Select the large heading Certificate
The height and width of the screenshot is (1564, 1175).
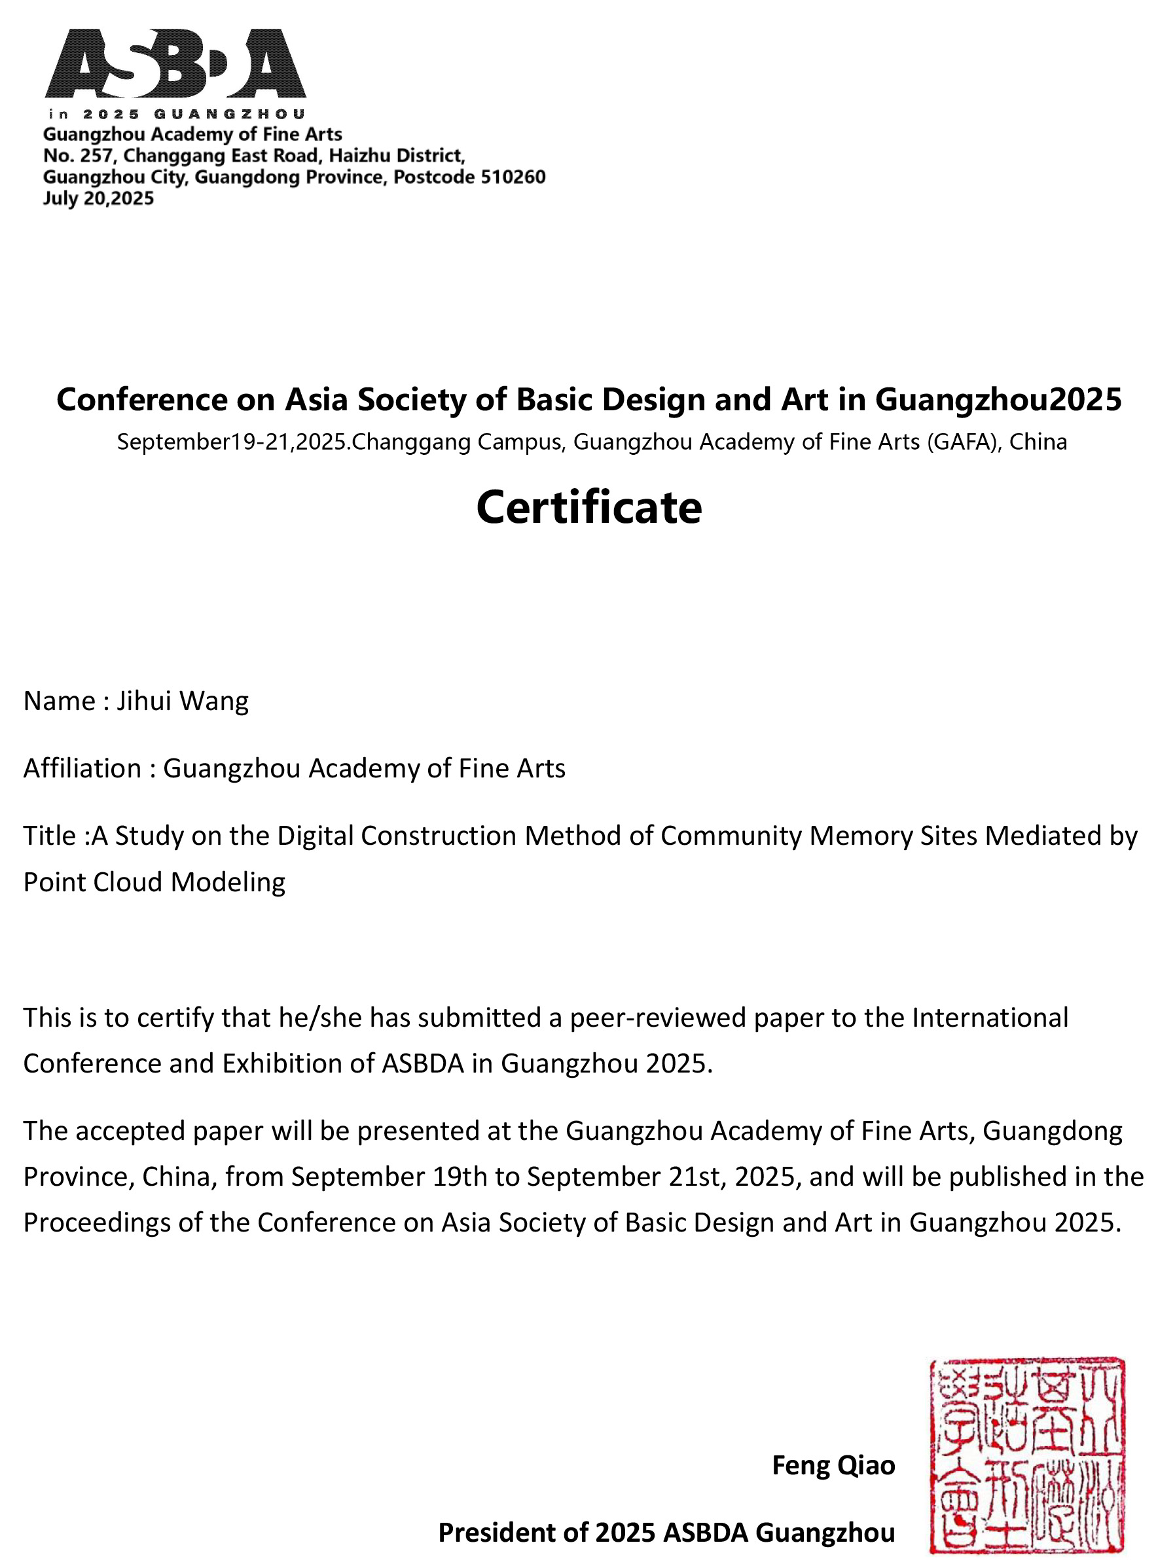click(588, 508)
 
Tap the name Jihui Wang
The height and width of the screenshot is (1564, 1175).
click(183, 701)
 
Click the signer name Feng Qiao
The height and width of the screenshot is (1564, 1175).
click(833, 1465)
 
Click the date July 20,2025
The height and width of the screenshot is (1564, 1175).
click(98, 198)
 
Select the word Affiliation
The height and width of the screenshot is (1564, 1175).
click(82, 768)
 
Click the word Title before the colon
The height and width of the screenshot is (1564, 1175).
click(49, 835)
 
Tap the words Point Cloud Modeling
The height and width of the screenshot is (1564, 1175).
click(154, 881)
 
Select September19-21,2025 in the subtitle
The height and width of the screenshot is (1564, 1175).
click(231, 442)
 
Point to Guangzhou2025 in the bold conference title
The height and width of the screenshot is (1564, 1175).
click(998, 399)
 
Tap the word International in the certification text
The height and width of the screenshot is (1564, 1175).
click(990, 1018)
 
